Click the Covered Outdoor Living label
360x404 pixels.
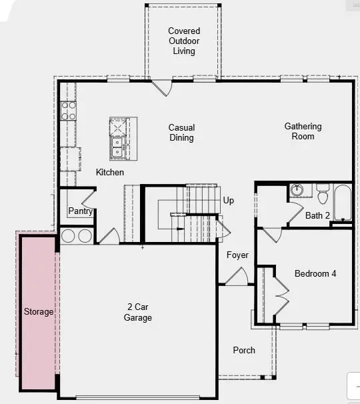(x=183, y=41)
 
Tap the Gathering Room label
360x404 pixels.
(x=303, y=131)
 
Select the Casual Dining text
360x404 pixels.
(x=181, y=133)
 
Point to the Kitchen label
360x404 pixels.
(x=110, y=172)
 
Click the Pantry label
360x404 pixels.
(x=80, y=212)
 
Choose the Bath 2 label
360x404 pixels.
(x=317, y=215)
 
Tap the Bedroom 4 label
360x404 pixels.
(x=315, y=273)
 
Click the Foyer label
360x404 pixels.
(x=237, y=255)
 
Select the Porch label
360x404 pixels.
(x=244, y=350)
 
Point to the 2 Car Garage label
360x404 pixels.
(x=139, y=312)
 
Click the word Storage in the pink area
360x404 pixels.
(x=39, y=311)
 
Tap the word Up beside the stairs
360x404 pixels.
(x=229, y=200)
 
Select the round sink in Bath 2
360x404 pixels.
(x=297, y=191)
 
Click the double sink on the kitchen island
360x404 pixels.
(x=117, y=147)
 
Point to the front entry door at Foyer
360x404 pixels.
(x=237, y=276)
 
